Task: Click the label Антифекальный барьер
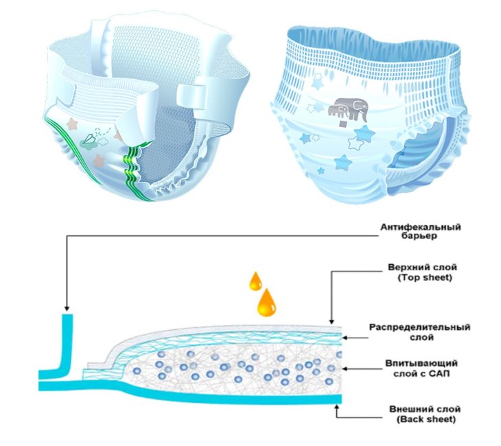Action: click(x=421, y=232)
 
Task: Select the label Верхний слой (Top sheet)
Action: click(x=422, y=272)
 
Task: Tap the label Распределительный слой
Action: click(x=420, y=332)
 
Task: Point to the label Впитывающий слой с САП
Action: click(x=421, y=368)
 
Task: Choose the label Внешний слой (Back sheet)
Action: click(x=425, y=414)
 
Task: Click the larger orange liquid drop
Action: click(x=266, y=302)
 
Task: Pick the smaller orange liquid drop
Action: click(x=255, y=281)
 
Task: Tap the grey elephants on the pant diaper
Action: click(x=348, y=109)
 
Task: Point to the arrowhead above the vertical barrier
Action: click(x=67, y=309)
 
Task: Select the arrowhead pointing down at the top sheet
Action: click(x=331, y=322)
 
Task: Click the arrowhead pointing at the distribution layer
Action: click(x=345, y=338)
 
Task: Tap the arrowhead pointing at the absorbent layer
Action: click(x=345, y=368)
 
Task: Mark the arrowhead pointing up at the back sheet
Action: click(x=336, y=407)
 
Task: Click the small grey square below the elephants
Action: click(x=342, y=124)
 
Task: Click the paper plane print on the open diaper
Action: click(x=89, y=139)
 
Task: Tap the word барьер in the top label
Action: click(x=421, y=237)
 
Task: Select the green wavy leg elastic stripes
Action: click(x=135, y=171)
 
